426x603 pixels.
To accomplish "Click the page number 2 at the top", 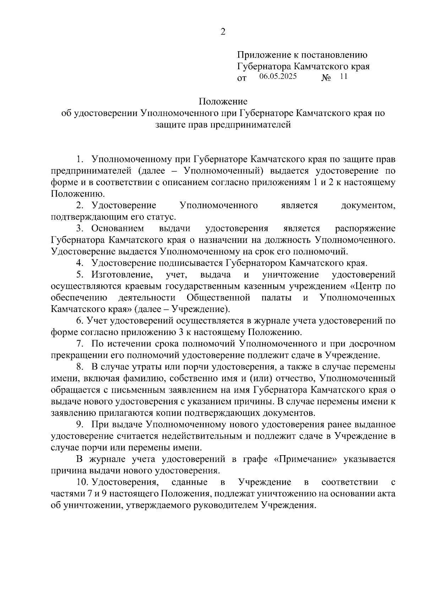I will [x=223, y=32].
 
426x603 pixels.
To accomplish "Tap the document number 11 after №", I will [x=344, y=76].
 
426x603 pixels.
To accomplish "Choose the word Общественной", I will [x=218, y=297].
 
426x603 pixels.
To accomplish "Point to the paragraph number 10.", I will [x=82, y=482].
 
